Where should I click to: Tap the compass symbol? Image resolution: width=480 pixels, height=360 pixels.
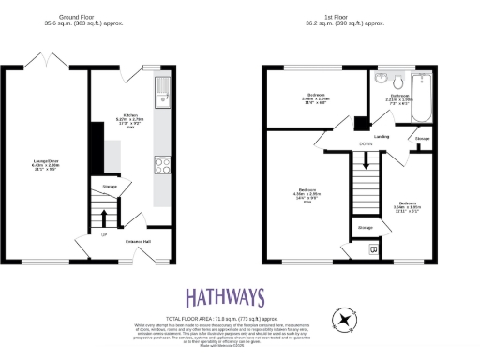(x=346, y=321)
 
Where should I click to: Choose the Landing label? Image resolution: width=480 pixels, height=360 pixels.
(x=382, y=137)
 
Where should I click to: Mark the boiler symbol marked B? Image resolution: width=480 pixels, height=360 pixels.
(x=374, y=249)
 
